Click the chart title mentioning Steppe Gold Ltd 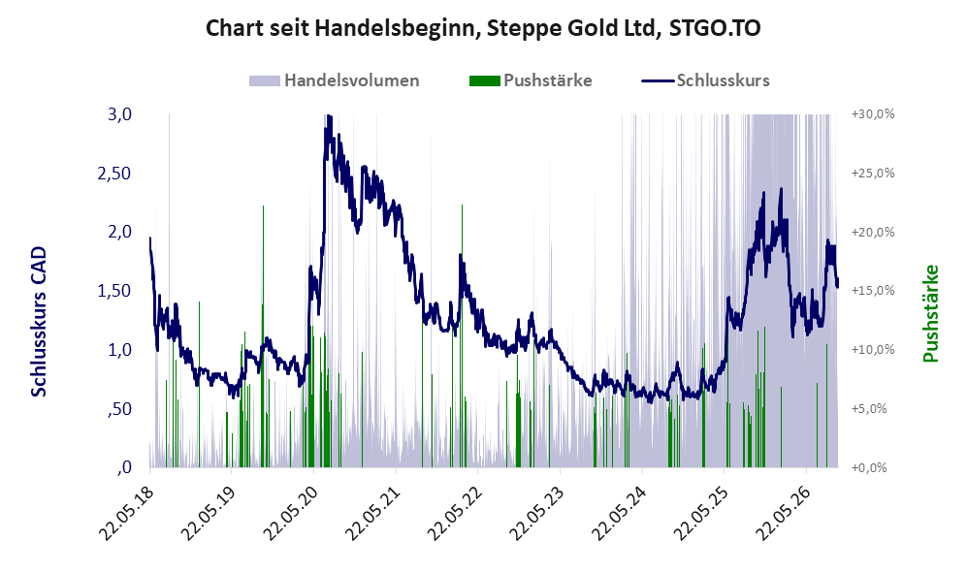tap(483, 28)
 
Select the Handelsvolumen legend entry tap(335, 80)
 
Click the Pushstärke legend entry tap(531, 80)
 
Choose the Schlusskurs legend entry tap(705, 80)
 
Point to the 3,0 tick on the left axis tap(119, 114)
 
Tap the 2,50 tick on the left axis tap(114, 174)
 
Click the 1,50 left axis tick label tap(114, 291)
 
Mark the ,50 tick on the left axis tap(119, 409)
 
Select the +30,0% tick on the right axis tap(873, 114)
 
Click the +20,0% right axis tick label tap(873, 233)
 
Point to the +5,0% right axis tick tap(870, 409)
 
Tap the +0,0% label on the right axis tap(870, 468)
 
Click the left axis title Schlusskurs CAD tap(39, 321)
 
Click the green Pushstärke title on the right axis tap(930, 314)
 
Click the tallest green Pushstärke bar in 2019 tap(264, 336)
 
